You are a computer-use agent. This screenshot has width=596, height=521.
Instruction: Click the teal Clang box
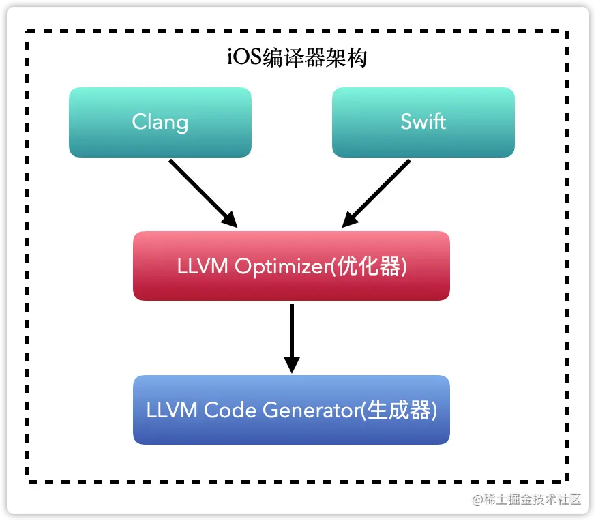[160, 122]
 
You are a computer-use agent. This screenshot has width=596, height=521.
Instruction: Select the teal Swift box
[423, 122]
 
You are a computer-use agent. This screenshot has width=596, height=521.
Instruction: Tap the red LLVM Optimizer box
[291, 266]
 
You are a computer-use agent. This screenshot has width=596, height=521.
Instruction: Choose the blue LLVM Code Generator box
[291, 410]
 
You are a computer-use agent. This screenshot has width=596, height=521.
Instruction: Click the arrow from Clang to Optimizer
[201, 192]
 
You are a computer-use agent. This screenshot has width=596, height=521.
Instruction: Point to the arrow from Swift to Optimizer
[377, 192]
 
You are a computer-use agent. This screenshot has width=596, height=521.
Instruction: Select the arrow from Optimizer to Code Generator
[291, 334]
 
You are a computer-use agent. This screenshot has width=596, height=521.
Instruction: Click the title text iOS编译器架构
[297, 58]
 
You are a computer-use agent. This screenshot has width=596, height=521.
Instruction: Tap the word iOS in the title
[242, 58]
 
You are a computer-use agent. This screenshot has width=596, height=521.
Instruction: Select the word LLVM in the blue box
[173, 411]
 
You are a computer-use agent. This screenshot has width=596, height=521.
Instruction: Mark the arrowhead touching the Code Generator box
[291, 365]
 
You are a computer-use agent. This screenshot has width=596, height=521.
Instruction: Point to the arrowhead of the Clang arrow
[230, 220]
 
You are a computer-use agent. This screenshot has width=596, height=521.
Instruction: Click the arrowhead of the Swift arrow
[349, 220]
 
